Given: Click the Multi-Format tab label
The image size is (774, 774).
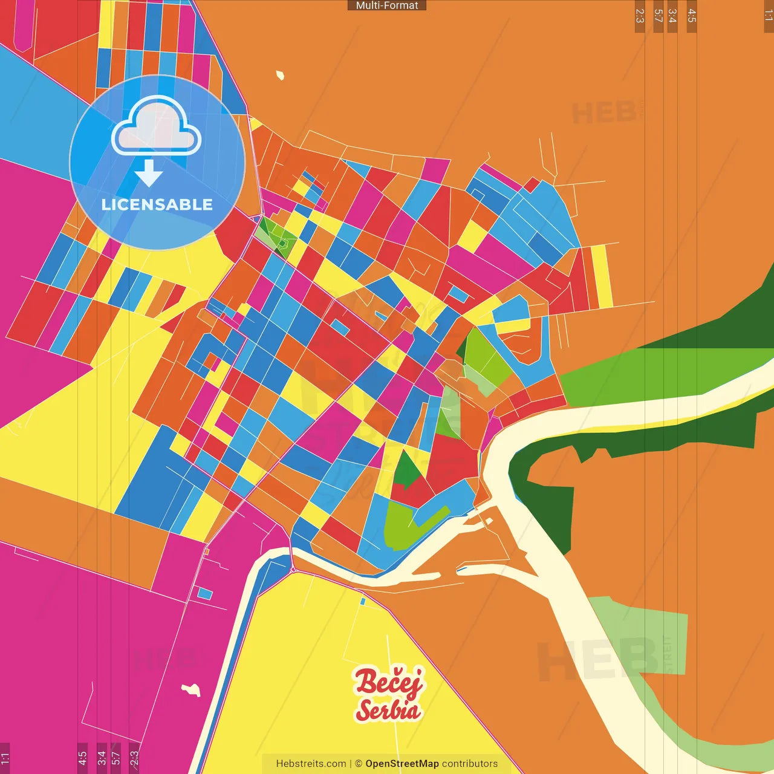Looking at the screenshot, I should [387, 5].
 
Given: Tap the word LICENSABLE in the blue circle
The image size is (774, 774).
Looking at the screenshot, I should [157, 204].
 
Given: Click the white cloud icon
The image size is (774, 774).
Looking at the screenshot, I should [156, 127].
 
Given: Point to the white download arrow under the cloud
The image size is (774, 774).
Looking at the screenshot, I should [149, 174].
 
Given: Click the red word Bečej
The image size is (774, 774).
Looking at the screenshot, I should [389, 682].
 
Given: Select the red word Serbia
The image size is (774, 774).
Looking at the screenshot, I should [388, 710].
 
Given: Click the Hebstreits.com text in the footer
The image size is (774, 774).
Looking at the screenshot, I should [311, 764].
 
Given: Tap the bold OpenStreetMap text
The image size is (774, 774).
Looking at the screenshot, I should [402, 764].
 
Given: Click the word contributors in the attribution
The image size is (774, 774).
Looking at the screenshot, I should [470, 764].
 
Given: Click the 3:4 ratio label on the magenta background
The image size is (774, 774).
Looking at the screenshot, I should [102, 758].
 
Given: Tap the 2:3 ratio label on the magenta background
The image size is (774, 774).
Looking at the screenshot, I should [134, 758].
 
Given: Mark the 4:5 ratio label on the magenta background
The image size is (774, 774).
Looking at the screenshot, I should [82, 758].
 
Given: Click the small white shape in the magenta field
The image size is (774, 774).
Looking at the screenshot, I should [192, 689].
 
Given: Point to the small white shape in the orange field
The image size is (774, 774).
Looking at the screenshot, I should [280, 76].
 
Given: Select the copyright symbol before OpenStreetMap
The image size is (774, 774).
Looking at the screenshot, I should [359, 764].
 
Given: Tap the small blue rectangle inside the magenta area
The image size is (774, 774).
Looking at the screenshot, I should [205, 594].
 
